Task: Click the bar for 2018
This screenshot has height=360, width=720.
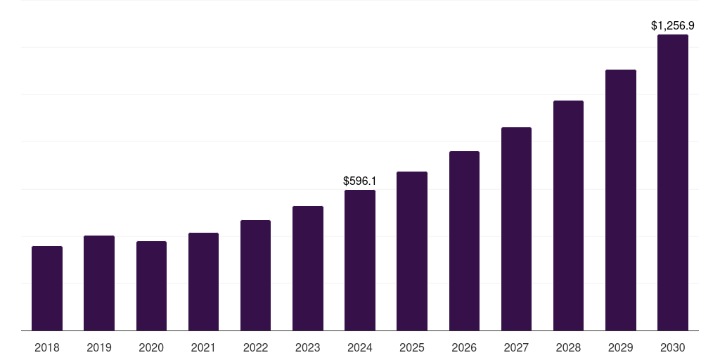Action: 47,288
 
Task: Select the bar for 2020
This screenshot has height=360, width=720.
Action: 151,285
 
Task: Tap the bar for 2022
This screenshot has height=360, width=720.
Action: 255,275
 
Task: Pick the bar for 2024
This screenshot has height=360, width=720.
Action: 360,260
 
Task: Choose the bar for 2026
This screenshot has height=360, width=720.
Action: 464,240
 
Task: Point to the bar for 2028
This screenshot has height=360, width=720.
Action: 568,215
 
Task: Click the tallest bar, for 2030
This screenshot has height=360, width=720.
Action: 673,182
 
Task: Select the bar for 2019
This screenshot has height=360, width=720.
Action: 99,283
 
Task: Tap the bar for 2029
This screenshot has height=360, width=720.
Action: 621,200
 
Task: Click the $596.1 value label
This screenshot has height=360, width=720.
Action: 360,181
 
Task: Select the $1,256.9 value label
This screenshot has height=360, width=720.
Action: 673,25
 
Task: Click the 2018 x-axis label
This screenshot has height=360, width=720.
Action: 47,347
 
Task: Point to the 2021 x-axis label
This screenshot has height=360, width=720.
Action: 203,347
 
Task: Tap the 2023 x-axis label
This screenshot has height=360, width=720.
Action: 308,347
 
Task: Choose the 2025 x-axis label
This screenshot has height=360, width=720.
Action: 412,347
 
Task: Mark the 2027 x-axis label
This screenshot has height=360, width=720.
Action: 516,347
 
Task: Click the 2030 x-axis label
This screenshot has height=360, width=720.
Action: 673,347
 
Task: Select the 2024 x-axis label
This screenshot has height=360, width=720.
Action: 360,347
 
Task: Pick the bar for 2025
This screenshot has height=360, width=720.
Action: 412,251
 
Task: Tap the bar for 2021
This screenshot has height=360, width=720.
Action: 203,281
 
